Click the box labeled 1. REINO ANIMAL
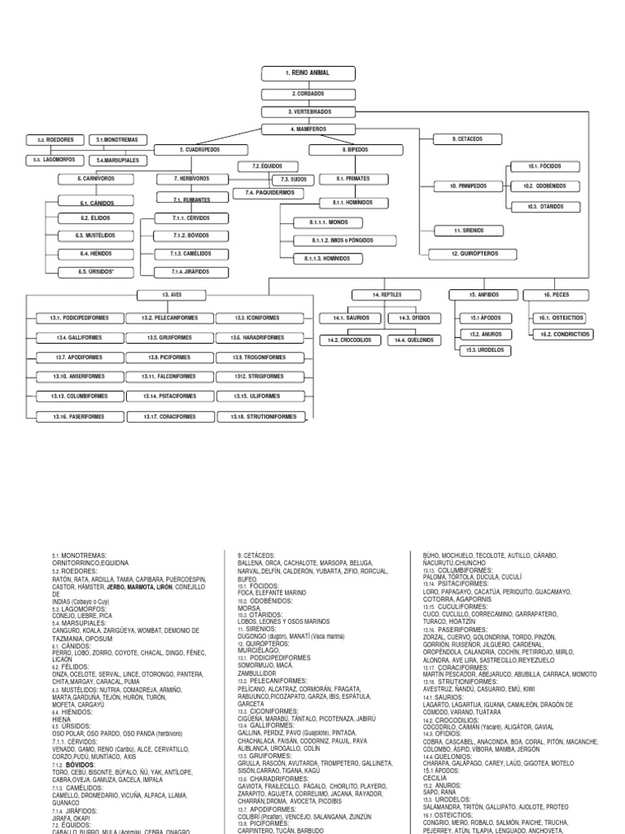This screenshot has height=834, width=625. click(308, 73)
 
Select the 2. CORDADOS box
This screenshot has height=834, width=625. click(308, 94)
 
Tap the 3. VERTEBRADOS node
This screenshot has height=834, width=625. click(308, 112)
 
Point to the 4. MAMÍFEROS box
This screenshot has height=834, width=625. click(308, 129)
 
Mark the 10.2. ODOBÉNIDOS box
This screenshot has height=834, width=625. click(544, 187)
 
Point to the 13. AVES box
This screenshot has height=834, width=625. click(170, 295)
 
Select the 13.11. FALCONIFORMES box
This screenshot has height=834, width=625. click(170, 376)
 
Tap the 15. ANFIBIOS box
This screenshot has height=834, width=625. click(483, 294)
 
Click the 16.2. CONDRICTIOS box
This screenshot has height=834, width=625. click(562, 334)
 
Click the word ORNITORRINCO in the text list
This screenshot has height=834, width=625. click(72, 560)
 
